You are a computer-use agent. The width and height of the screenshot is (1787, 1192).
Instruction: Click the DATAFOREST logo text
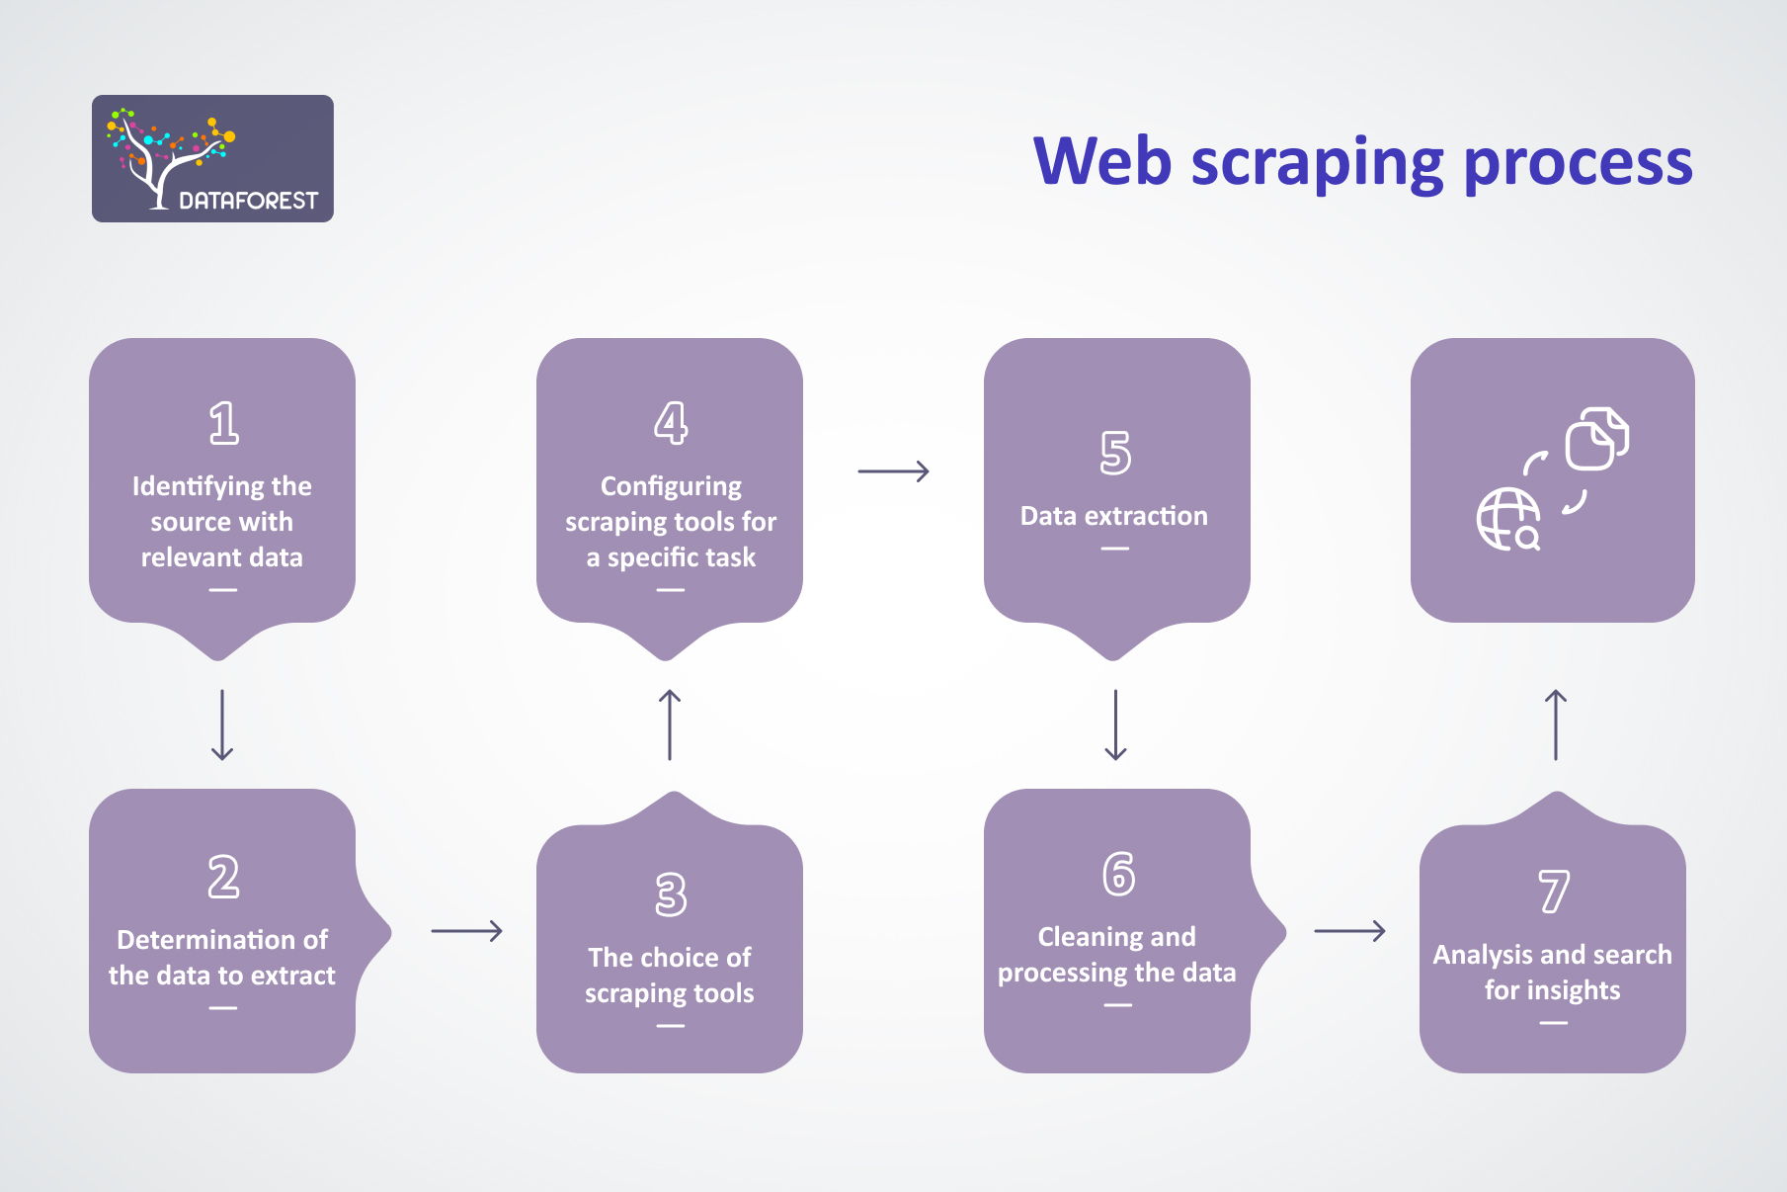pos(248,201)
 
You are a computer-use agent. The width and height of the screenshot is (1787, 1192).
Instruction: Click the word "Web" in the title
pos(1102,160)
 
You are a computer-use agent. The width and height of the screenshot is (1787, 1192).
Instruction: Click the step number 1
pos(223,423)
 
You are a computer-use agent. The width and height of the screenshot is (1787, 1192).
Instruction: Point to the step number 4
pos(671,423)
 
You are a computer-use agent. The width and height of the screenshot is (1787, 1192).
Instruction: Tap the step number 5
pos(1115,453)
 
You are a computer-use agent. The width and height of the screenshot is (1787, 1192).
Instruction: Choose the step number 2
pos(223,877)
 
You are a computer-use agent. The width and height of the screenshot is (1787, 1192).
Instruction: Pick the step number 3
pos(671,894)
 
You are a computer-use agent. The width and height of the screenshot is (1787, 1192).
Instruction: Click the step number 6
pos(1118,874)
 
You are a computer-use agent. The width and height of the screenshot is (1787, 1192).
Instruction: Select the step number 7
pos(1554,892)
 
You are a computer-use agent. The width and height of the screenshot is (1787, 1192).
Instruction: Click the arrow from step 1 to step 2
pos(222,724)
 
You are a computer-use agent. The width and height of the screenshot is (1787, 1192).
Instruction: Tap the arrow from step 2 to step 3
pos(467,931)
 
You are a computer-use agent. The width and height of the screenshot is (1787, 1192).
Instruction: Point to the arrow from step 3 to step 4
pos(670,724)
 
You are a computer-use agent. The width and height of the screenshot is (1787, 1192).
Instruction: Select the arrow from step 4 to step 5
pos(894,471)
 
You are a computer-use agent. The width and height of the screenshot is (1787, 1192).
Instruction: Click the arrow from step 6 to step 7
pos(1349,931)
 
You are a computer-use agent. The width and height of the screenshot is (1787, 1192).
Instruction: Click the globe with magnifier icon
pos(1508,519)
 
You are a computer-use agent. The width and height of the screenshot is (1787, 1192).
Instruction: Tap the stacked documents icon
pos(1597,438)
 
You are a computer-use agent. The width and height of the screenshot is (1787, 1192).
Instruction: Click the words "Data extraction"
pos(1114,516)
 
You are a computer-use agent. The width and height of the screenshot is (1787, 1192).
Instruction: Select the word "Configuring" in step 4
pos(671,487)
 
